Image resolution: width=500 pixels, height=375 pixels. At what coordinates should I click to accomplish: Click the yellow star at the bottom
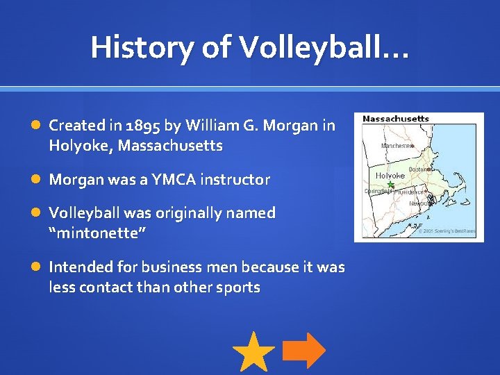[253, 352]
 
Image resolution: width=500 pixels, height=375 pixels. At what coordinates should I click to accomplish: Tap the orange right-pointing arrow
[304, 351]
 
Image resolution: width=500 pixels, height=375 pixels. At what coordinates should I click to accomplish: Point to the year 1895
[142, 126]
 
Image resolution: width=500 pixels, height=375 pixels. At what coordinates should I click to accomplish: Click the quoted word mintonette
[97, 233]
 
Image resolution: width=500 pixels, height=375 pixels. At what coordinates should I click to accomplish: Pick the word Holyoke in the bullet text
[80, 146]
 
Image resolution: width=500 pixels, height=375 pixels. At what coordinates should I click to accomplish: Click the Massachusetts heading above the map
[396, 119]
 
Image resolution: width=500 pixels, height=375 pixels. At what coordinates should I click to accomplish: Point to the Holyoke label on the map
[390, 176]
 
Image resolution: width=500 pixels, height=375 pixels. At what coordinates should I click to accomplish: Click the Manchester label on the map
[397, 146]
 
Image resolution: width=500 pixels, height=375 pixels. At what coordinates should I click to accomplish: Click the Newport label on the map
[419, 203]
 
